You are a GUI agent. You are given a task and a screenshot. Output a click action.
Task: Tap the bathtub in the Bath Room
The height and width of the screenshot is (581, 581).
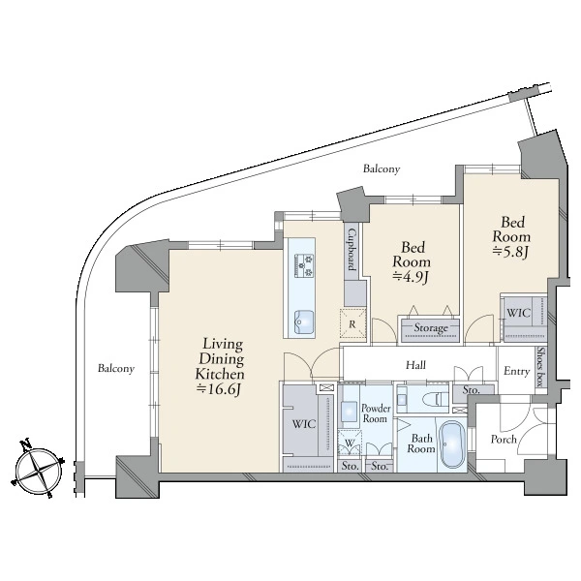click(x=452, y=443)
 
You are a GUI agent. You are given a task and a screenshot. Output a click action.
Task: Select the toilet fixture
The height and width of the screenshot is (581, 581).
click(x=435, y=400)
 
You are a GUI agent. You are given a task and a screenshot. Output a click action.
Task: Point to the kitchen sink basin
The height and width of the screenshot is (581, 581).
click(x=304, y=321)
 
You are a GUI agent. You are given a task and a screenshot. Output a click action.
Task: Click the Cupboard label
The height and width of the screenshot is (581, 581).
click(x=352, y=249)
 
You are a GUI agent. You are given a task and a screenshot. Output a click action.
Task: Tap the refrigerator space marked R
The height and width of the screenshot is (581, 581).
click(x=352, y=324)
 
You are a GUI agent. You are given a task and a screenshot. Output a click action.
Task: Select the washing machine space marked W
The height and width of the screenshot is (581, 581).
click(x=350, y=443)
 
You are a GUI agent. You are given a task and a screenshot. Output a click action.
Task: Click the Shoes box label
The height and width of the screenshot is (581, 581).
click(x=541, y=367)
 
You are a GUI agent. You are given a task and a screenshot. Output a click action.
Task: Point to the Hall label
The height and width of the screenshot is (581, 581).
click(x=415, y=365)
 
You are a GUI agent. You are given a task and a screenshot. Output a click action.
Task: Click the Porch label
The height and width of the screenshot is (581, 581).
click(x=504, y=440)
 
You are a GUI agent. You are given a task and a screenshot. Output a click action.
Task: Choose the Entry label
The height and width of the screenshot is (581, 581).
click(x=516, y=371)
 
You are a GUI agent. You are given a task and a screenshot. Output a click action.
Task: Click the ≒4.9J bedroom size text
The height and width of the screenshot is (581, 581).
click(x=411, y=276)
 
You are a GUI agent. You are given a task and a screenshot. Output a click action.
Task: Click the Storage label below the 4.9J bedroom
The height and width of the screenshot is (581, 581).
click(x=431, y=328)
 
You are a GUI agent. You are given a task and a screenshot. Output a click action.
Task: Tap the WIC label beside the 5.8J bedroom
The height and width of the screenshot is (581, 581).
click(x=519, y=313)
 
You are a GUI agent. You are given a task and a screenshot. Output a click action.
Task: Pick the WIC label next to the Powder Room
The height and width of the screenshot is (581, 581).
click(x=304, y=424)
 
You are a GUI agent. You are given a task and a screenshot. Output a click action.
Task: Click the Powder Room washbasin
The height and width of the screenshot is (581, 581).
click(x=349, y=412)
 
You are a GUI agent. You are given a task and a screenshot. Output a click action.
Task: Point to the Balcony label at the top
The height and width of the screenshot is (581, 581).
click(x=382, y=168)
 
